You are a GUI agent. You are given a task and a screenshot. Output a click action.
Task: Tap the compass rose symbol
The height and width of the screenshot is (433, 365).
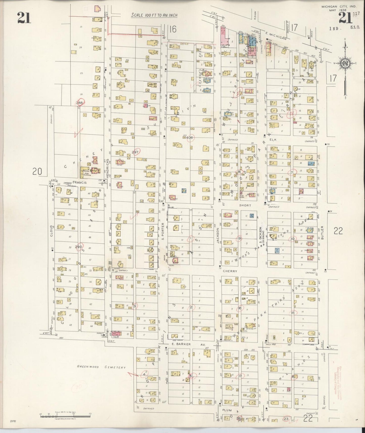345,63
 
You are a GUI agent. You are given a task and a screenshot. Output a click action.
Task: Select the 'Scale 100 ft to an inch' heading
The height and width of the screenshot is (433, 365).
154,15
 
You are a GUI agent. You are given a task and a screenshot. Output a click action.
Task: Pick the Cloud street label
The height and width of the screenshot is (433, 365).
51,230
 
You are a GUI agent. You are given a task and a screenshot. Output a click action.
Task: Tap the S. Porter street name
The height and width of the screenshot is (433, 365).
163,231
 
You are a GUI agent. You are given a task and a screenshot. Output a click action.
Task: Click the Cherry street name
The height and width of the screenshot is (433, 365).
230,271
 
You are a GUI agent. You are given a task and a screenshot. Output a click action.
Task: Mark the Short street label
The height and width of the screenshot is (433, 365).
245,205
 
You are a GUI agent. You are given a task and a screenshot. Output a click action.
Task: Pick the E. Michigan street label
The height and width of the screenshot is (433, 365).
276,37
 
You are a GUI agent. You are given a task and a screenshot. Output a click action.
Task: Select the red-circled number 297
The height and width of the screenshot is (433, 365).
135,152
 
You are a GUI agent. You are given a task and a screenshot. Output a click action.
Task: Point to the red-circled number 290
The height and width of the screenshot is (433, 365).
79,247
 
